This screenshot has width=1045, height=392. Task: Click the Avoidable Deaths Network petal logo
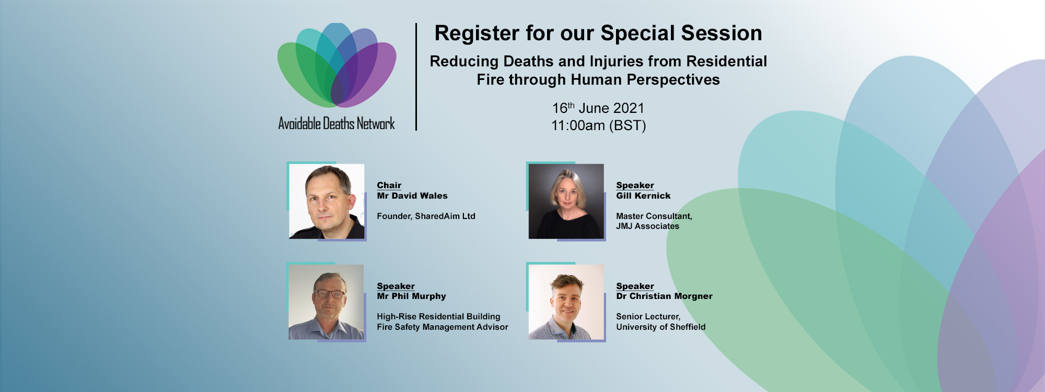point(336,65)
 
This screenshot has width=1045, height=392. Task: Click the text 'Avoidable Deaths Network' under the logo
point(336,124)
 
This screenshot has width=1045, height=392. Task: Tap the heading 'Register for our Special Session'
point(598,33)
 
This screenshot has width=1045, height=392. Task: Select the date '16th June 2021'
point(598,108)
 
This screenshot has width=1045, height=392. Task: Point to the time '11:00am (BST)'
point(599,125)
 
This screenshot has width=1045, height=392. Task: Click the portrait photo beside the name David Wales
point(327,201)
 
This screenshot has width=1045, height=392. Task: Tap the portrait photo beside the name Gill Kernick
point(566,201)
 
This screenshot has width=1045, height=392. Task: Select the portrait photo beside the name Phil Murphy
point(326,302)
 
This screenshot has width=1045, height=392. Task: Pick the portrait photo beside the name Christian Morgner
point(566,302)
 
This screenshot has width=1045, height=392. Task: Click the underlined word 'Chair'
point(389,186)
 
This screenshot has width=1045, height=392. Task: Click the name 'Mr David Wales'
point(412,196)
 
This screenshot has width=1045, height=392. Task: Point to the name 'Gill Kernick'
point(643,196)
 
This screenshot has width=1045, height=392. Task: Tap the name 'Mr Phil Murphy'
point(411,296)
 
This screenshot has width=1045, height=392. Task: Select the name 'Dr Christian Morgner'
point(664,296)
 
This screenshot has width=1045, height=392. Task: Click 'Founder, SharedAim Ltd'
point(426,216)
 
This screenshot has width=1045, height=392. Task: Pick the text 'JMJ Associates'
point(647,226)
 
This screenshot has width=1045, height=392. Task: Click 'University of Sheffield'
point(660,327)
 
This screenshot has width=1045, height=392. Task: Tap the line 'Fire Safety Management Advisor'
point(442,327)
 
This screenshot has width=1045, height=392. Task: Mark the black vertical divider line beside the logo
point(416,77)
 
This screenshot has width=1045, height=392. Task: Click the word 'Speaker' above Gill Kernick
point(635,186)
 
